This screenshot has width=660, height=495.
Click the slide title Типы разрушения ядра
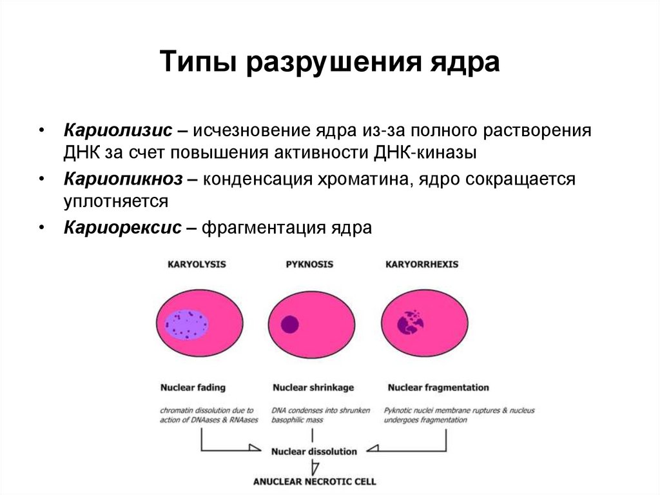tap(329, 64)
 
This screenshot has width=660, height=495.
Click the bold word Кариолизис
tap(117, 130)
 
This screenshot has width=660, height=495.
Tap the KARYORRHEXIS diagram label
tap(422, 265)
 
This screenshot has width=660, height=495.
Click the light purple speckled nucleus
tap(186, 324)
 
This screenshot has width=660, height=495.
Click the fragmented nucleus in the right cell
tap(409, 321)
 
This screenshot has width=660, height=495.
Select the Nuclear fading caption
tap(193, 387)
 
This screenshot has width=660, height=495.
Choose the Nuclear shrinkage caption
tap(313, 387)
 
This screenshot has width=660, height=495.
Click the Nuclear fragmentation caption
tap(438, 387)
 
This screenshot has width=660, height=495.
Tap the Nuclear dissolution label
tap(314, 451)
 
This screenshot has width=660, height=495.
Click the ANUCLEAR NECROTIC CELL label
tap(315, 481)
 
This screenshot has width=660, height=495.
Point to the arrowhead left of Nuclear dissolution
tap(255, 448)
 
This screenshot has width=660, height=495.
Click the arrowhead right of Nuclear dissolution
tap(373, 448)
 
